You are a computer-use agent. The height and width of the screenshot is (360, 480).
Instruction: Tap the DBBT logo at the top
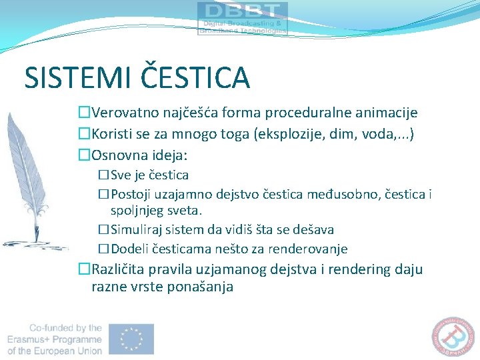tap(243, 18)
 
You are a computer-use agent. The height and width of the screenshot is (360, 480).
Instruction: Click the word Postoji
tap(131, 195)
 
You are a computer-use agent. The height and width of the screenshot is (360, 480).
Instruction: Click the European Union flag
tap(131, 339)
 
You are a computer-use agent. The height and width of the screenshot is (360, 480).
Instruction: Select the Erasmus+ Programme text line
tap(55, 339)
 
